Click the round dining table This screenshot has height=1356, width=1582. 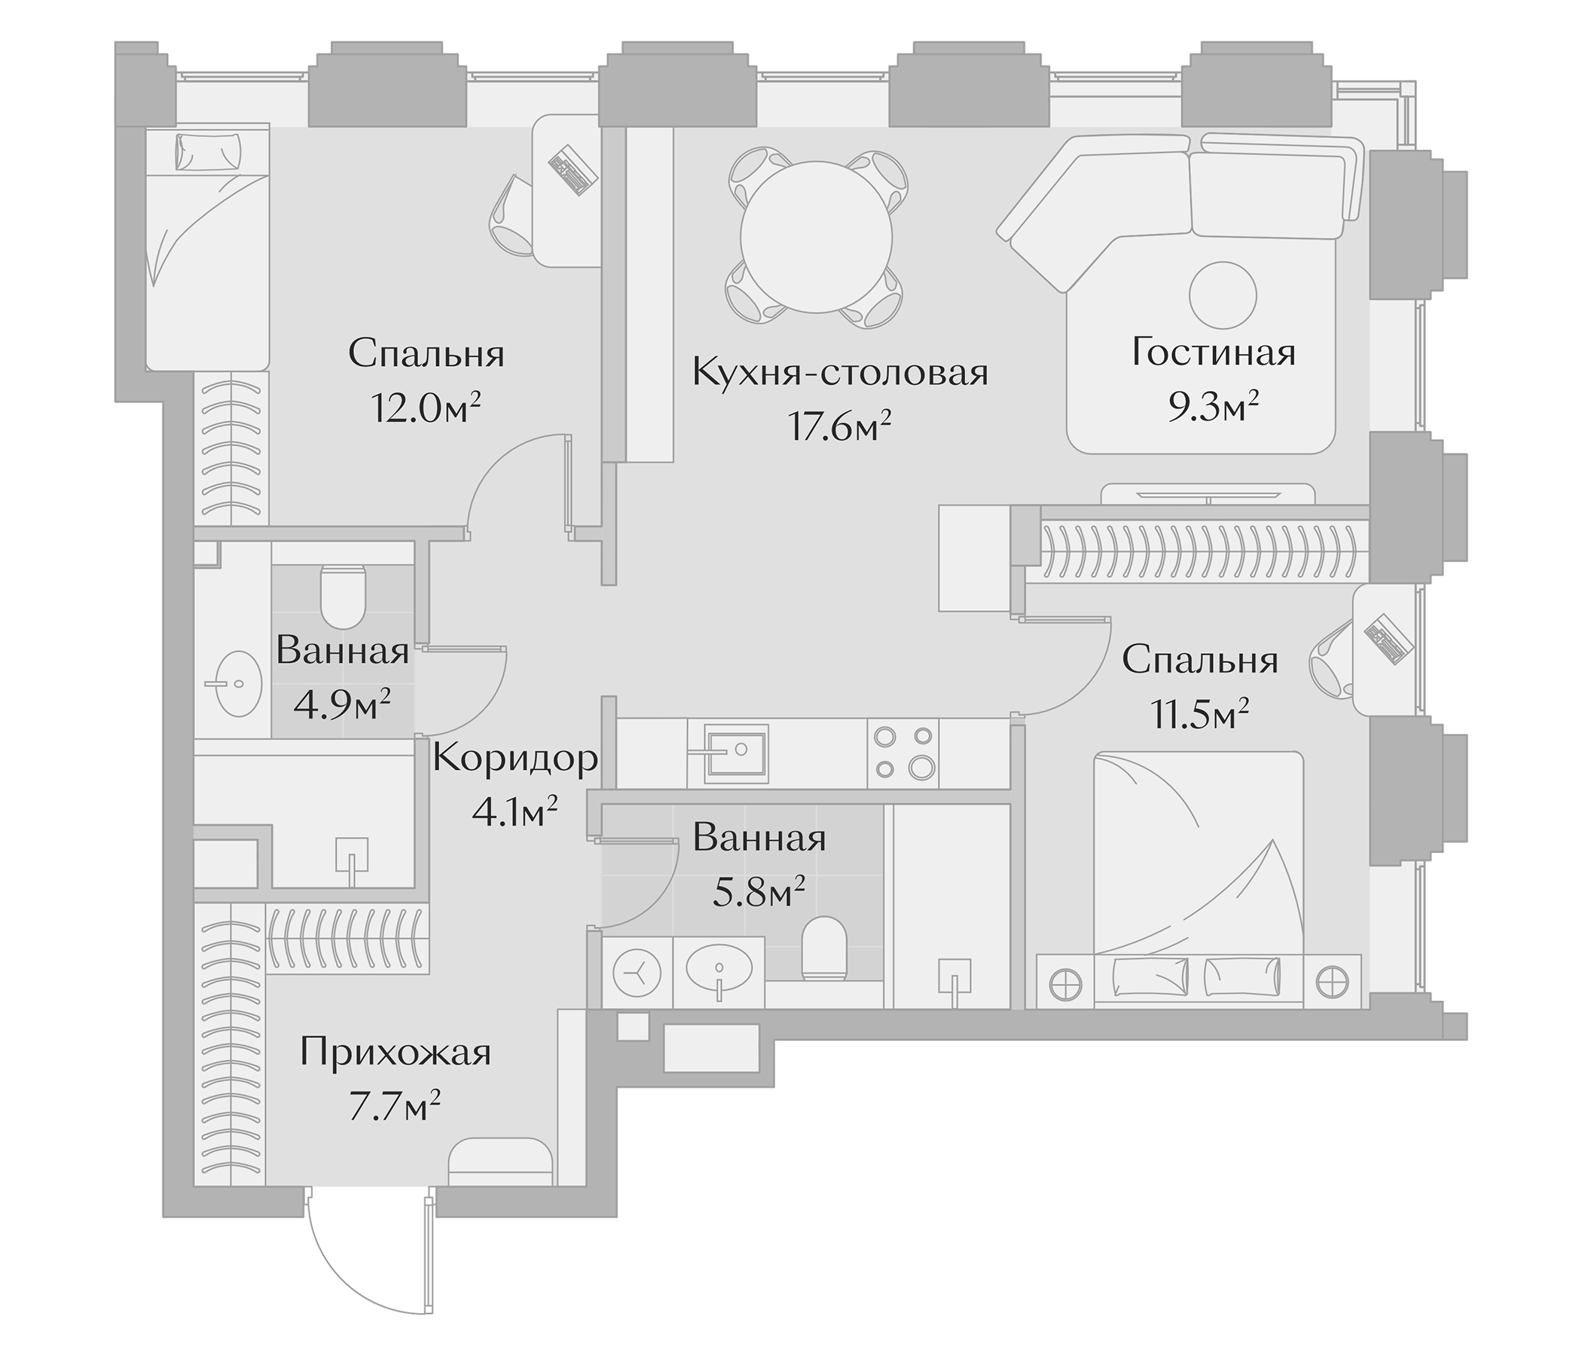816,237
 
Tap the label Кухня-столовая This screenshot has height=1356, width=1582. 840,374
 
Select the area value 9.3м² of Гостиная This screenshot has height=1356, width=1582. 1212,408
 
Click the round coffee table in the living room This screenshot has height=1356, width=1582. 1223,295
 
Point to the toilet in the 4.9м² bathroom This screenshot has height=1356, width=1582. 344,595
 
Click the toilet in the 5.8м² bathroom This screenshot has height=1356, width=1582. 826,948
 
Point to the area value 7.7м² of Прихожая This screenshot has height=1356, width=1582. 394,1106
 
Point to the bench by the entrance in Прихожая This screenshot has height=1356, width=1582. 500,1162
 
